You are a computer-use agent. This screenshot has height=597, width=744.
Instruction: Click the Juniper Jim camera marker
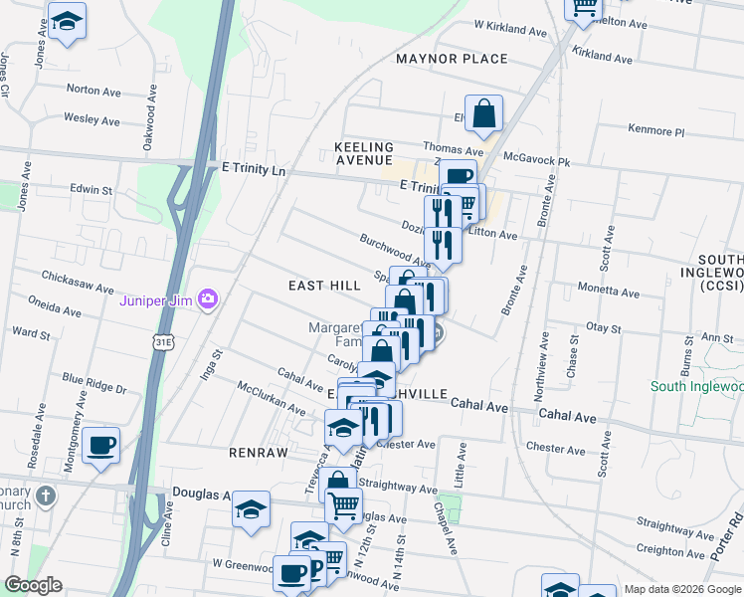[x=208, y=298]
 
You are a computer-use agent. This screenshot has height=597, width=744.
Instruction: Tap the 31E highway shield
[x=162, y=341]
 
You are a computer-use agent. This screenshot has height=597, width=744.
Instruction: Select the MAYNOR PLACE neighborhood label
[x=452, y=59]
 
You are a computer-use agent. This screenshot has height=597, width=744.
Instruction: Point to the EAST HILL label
[x=324, y=286]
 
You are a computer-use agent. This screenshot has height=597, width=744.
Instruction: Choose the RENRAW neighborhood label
[x=258, y=452]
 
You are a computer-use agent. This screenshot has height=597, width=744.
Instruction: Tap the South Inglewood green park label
[x=697, y=386]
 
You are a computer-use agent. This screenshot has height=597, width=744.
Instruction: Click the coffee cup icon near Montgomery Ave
[x=100, y=444]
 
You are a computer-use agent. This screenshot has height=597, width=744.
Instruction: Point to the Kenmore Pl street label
[x=656, y=130]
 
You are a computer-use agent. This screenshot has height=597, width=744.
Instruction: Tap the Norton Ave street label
[x=93, y=89]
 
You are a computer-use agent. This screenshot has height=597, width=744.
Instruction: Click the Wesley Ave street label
[x=92, y=119]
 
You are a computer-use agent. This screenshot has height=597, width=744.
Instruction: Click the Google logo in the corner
[x=33, y=585]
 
